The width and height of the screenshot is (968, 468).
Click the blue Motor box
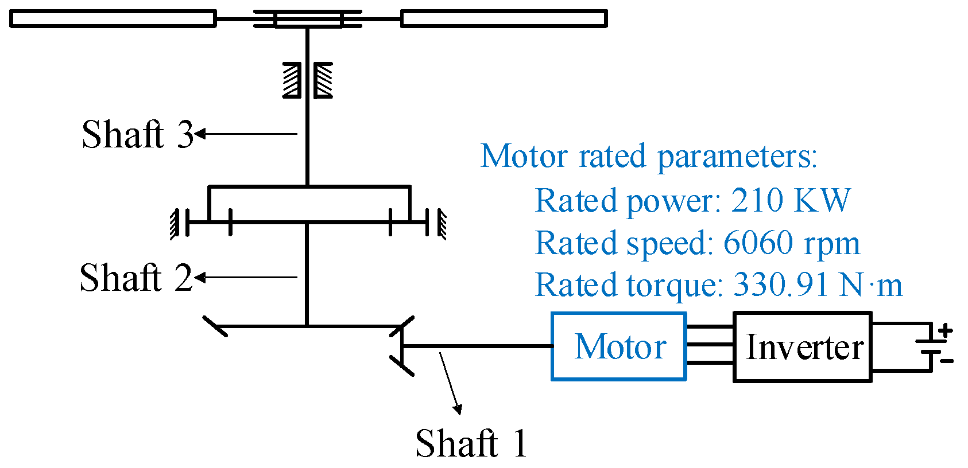[619, 346]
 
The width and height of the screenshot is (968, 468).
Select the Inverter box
[803, 347]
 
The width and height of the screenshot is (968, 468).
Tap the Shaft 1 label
[471, 443]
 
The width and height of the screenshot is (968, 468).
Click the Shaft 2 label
[135, 278]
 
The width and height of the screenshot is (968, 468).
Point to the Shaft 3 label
[138, 134]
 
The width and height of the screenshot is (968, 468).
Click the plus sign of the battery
[946, 331]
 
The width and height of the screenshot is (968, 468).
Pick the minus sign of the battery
[947, 361]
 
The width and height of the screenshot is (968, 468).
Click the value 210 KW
[791, 200]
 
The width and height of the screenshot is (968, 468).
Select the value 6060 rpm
[791, 243]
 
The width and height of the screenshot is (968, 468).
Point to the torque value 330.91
[781, 284]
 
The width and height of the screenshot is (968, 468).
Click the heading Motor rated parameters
[649, 156]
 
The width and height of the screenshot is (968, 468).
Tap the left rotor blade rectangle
[113, 19]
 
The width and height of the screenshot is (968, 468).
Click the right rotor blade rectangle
[504, 19]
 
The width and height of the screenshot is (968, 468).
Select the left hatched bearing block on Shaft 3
[292, 80]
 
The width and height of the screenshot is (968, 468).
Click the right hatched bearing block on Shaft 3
[324, 80]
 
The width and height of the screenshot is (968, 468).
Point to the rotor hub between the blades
[308, 19]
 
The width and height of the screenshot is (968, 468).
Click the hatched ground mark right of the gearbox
[442, 224]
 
